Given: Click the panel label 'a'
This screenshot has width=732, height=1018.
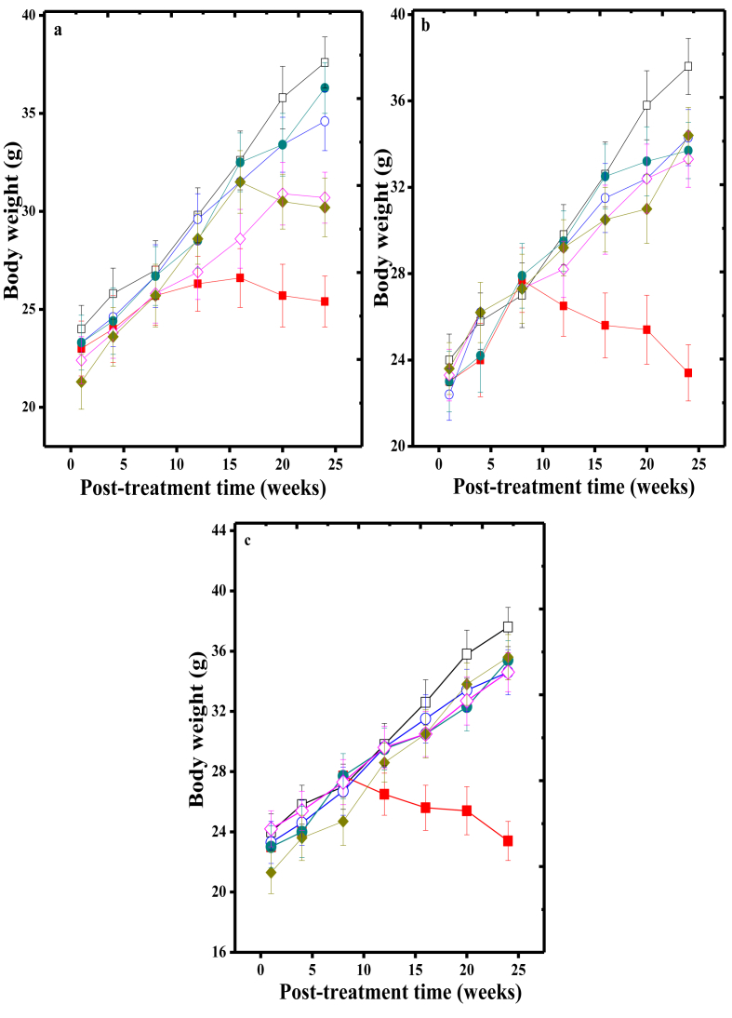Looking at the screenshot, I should (x=59, y=30).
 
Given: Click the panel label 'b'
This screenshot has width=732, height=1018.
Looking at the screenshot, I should (x=425, y=27).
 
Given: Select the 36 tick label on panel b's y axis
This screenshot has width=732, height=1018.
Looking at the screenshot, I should (x=401, y=100).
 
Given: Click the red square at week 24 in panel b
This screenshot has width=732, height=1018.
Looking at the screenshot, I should (x=688, y=372).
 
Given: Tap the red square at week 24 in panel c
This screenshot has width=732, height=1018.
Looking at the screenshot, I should (x=508, y=840).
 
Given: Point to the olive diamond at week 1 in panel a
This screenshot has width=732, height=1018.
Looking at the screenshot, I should (x=81, y=382).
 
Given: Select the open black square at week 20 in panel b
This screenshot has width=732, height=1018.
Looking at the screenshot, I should (x=646, y=105).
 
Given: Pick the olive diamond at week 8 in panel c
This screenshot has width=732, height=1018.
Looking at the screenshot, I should (x=342, y=822).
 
